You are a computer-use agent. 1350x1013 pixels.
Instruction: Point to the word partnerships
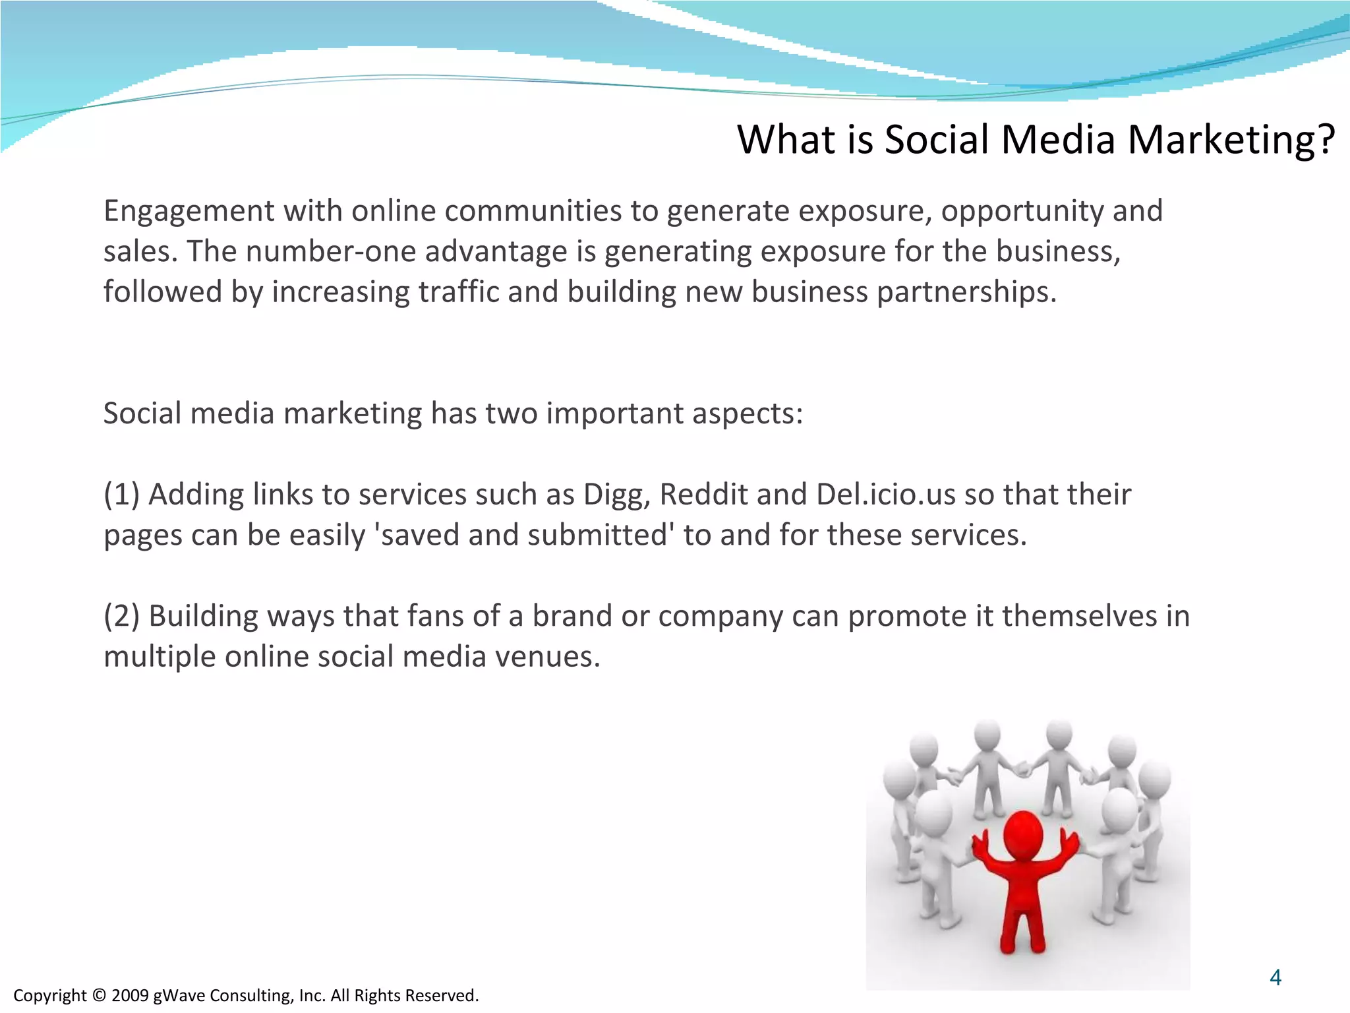click(x=966, y=292)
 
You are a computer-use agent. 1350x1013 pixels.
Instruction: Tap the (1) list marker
click(x=121, y=495)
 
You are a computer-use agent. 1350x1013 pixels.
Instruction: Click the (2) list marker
click(x=121, y=617)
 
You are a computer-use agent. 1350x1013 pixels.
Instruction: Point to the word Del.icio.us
click(x=885, y=495)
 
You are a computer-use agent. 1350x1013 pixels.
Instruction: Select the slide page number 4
click(x=1276, y=977)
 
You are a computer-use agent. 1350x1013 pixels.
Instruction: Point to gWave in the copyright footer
click(x=178, y=995)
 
